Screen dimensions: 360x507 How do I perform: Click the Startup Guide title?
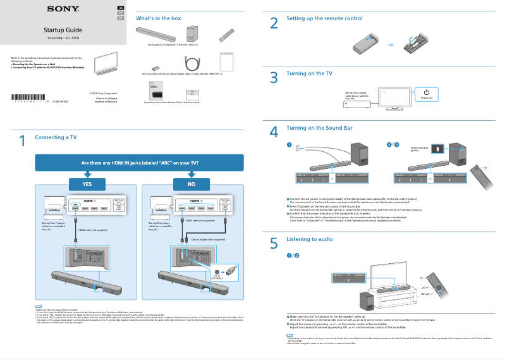(x=63, y=30)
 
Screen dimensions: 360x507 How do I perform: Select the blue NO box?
(x=191, y=183)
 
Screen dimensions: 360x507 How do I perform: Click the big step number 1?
(x=22, y=141)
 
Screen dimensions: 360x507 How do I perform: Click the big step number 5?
(x=274, y=243)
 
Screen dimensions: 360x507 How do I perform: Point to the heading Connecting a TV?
(x=56, y=137)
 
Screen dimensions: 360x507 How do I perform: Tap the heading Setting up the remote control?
(x=324, y=18)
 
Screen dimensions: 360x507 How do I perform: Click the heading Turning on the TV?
(x=309, y=73)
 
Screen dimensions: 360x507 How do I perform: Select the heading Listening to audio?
(x=309, y=239)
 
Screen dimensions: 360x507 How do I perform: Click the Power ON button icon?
(x=426, y=93)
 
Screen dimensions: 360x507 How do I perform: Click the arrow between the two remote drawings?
(x=391, y=45)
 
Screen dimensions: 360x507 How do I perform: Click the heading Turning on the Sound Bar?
(x=319, y=128)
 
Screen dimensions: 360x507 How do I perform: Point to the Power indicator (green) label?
(x=419, y=149)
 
